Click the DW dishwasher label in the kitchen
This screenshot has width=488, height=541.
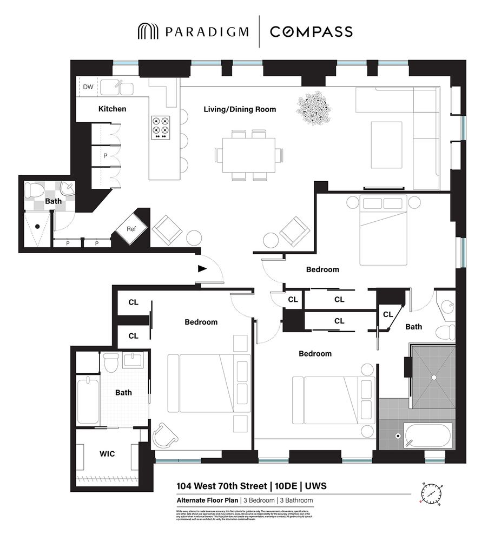point(87,87)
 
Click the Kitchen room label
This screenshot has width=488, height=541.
point(112,109)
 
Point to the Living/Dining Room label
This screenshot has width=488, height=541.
point(240,109)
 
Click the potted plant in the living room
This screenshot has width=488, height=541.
point(313,108)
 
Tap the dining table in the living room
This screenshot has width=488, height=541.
point(248,155)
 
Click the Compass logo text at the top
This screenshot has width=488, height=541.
point(311,31)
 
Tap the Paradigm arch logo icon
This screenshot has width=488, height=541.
point(147,31)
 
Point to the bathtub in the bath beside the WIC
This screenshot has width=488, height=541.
point(88,401)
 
